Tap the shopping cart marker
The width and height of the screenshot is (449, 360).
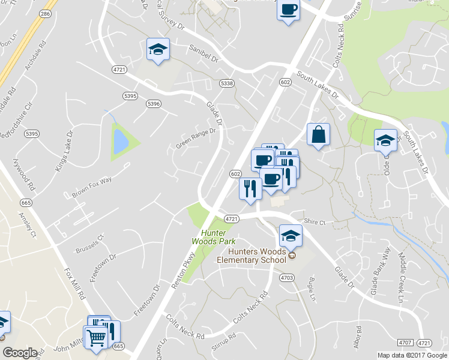95,338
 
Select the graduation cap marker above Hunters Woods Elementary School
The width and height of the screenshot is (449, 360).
291,235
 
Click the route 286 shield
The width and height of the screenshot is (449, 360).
45,12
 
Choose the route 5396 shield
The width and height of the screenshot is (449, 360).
153,104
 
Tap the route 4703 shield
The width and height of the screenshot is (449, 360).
286,277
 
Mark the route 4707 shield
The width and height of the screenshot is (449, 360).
406,342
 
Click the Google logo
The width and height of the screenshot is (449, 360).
20,353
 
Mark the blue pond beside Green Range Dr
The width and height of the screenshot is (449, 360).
121,141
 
